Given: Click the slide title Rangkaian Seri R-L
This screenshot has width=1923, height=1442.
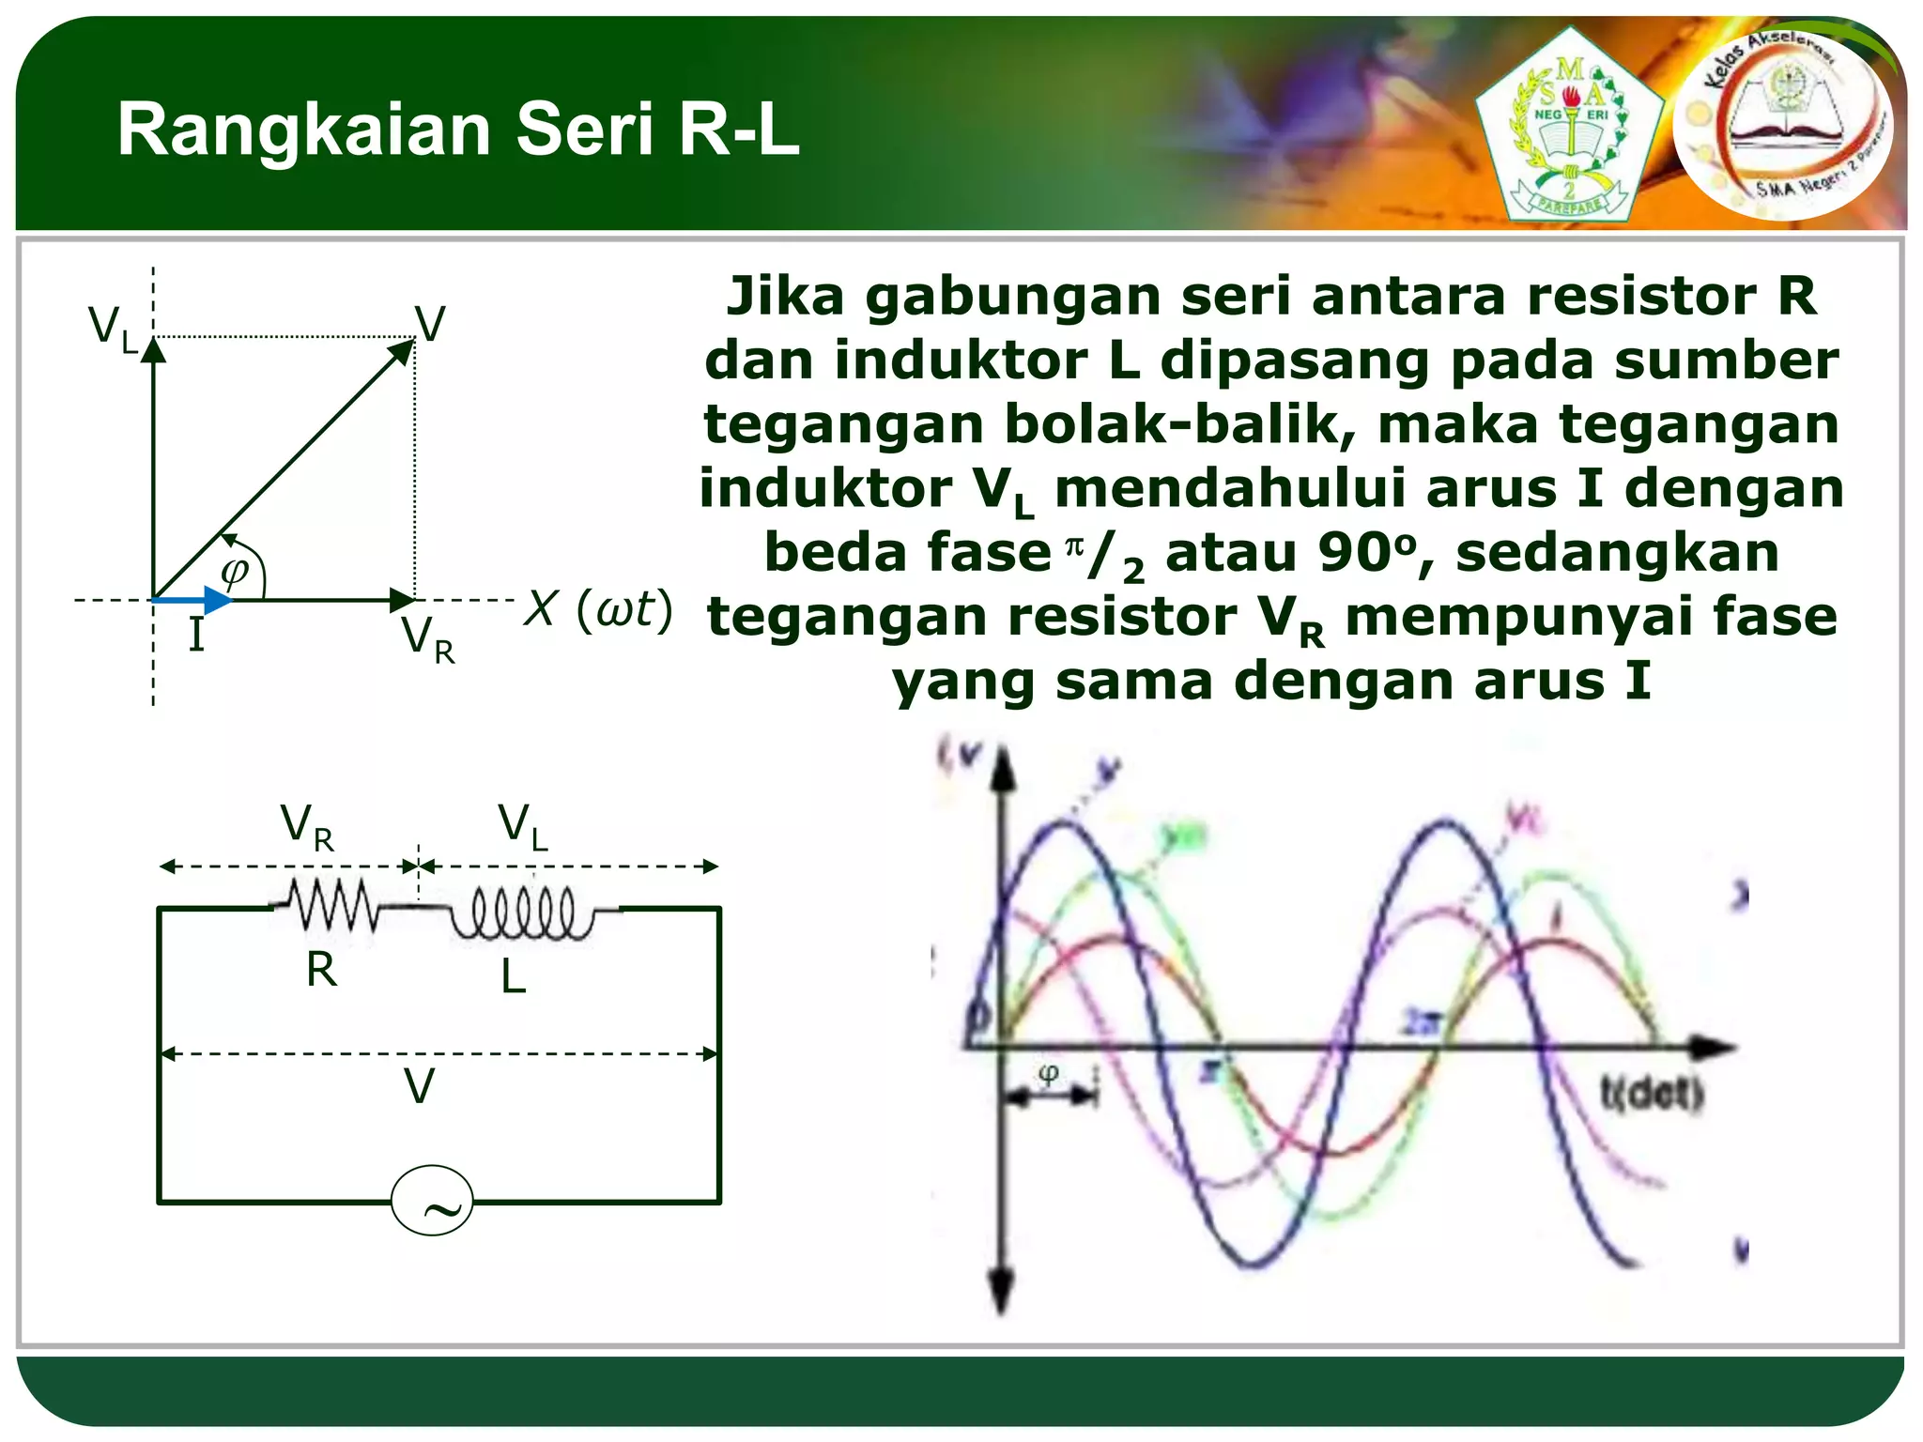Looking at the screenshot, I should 458,130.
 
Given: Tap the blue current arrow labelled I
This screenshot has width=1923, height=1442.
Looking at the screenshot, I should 193,600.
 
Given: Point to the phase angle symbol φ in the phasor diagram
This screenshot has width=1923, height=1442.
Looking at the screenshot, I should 234,570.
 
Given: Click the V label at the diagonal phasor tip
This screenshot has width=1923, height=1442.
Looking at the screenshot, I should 430,325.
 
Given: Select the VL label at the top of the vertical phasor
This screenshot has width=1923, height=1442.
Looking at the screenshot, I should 113,330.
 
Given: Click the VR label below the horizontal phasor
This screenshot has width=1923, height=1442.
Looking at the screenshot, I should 428,639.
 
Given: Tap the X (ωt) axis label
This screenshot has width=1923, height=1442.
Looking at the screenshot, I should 598,609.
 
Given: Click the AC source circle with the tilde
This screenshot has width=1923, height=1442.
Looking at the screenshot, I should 432,1200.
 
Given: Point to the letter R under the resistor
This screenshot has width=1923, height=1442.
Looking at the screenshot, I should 321,970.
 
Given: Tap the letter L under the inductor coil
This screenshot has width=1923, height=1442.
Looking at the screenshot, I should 513,977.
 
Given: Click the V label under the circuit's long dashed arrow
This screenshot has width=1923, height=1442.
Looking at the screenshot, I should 419,1087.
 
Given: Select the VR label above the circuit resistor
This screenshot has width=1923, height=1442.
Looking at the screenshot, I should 307,827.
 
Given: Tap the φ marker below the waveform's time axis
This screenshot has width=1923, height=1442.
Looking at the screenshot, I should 1050,1073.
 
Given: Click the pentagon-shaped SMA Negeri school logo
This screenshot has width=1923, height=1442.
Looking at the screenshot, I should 1568,127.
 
